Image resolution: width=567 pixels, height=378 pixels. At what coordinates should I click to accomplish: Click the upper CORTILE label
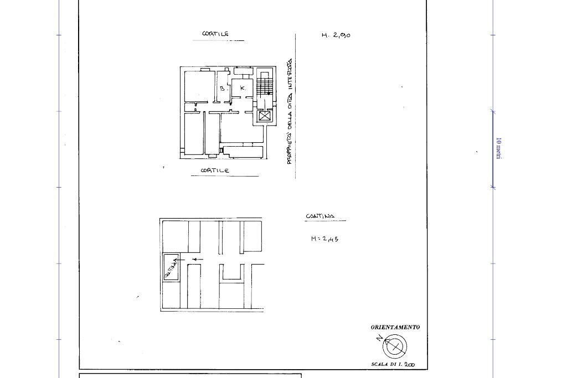point(215,34)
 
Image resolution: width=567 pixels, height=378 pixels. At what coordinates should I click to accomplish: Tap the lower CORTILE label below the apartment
point(215,171)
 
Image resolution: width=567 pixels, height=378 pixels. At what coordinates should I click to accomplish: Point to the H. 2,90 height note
point(336,35)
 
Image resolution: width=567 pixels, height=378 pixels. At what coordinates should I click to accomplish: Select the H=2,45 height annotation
point(324,239)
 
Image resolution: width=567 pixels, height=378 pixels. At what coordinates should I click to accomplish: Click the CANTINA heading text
point(320,216)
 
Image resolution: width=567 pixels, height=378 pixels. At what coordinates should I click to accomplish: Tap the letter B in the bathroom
point(222,89)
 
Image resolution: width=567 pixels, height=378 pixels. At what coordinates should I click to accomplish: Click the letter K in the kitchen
point(243,88)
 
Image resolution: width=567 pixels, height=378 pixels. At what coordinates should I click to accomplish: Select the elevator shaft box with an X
point(265,116)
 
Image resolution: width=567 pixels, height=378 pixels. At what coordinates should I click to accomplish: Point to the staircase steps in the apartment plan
point(265,86)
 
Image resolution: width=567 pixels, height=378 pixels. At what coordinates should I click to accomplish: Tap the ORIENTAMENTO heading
point(395,327)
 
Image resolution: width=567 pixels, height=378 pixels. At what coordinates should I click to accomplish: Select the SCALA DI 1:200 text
point(393,365)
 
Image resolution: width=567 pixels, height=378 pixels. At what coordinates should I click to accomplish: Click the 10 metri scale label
point(498,148)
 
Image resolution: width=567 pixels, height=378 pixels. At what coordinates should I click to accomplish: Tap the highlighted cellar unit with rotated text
point(171,267)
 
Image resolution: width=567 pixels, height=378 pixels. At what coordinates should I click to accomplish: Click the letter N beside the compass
point(379,338)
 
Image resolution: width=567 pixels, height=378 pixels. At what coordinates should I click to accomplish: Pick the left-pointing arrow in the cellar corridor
point(197,260)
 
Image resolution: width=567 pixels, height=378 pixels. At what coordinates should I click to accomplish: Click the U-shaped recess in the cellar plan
point(231,273)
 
